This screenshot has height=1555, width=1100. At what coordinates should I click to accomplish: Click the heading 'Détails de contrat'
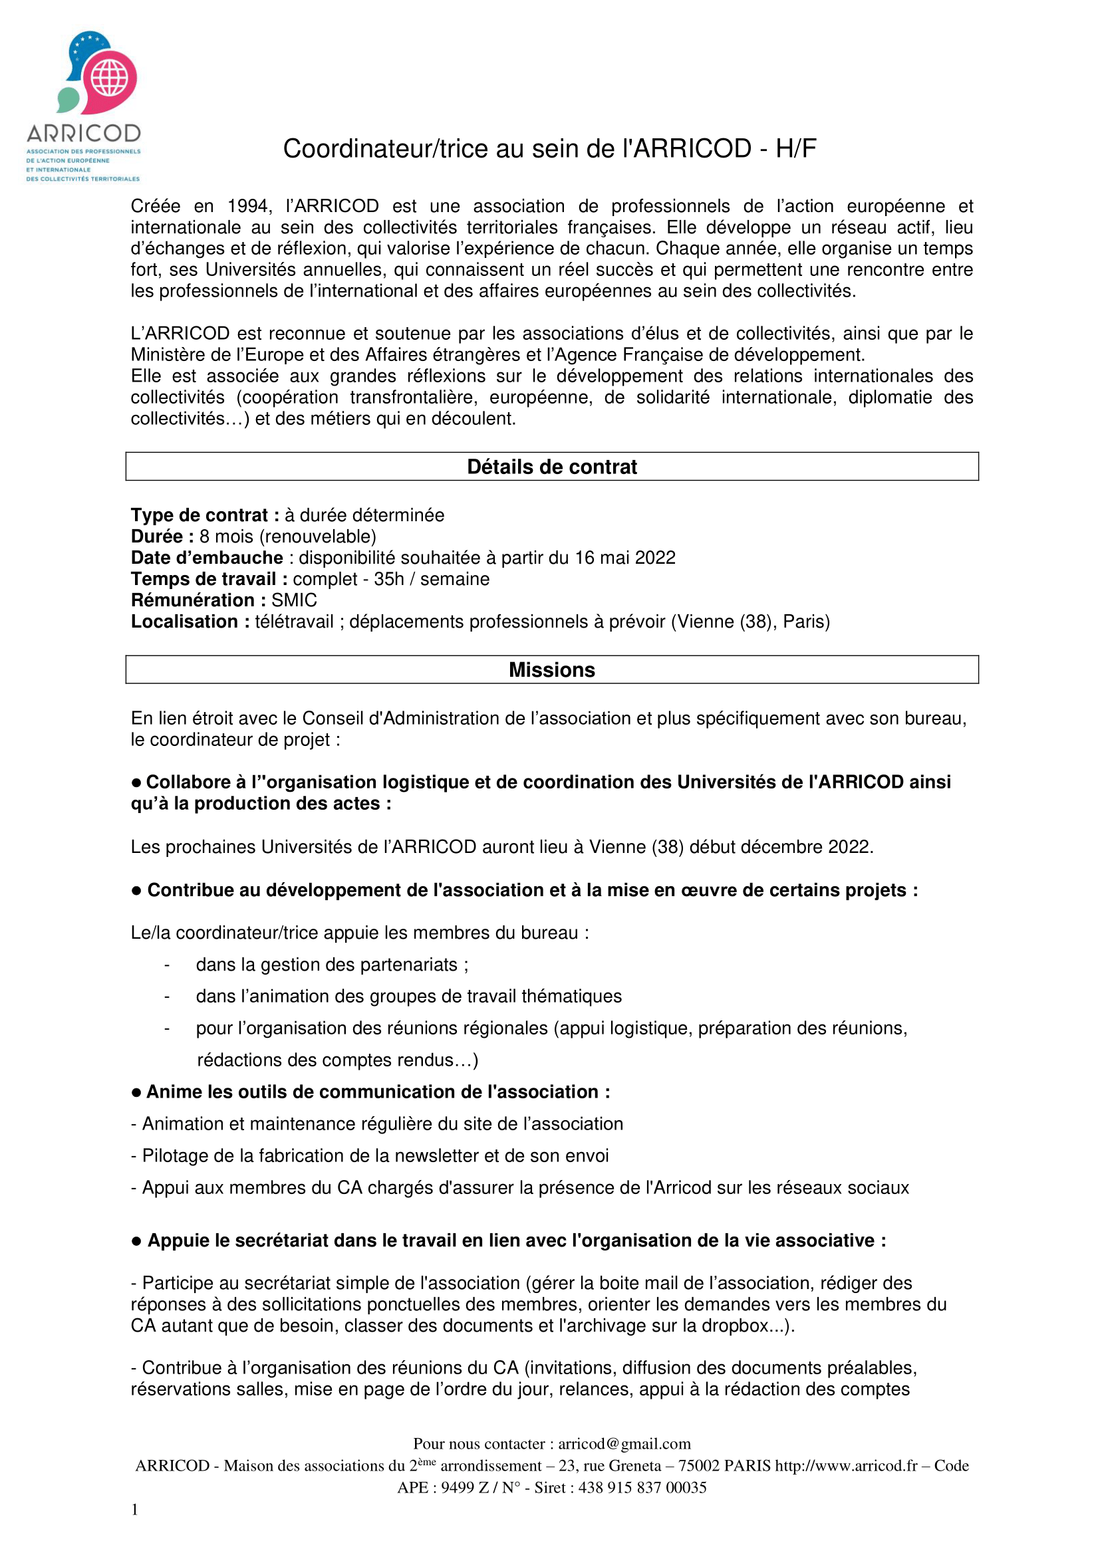click(x=551, y=467)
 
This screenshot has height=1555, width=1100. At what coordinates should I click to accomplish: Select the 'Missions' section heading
click(x=551, y=670)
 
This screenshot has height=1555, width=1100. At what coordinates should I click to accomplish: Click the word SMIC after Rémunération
click(x=294, y=600)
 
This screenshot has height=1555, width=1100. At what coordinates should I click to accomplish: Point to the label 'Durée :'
click(x=162, y=537)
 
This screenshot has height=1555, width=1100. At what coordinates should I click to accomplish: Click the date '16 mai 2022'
click(x=624, y=557)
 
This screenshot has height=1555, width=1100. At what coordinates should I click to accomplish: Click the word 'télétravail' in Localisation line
click(x=294, y=622)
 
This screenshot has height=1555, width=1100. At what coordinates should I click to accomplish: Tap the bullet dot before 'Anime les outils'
click(x=136, y=1092)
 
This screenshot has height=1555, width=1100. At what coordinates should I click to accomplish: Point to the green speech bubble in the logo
click(x=69, y=100)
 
